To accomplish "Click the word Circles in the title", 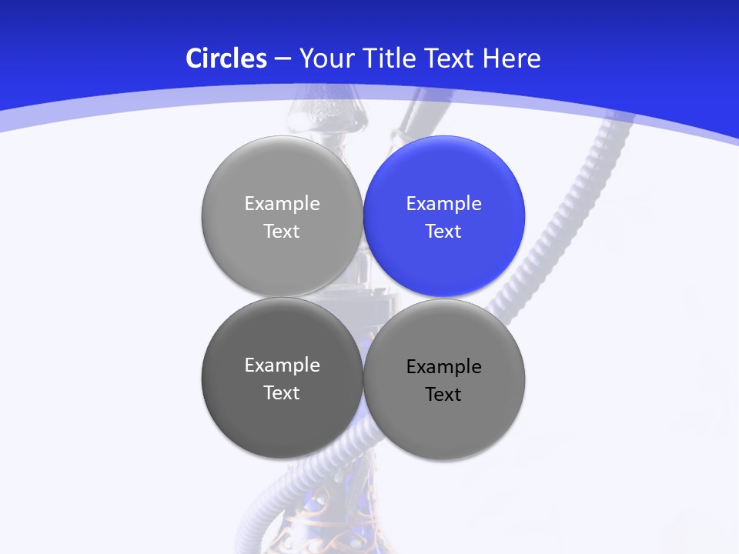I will pyautogui.click(x=226, y=58).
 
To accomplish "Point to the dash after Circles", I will pyautogui.click(x=282, y=59).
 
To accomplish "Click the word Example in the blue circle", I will pyautogui.click(x=444, y=204).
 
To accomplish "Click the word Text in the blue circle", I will pyautogui.click(x=444, y=232).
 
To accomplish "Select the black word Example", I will pyautogui.click(x=444, y=367).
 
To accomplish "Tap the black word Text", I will pyautogui.click(x=444, y=395).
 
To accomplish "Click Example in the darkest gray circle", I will pyautogui.click(x=282, y=365).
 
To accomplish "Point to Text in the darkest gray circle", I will pyautogui.click(x=282, y=393).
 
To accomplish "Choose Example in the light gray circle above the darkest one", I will pyautogui.click(x=282, y=204).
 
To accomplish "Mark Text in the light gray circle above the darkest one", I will pyautogui.click(x=282, y=232).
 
